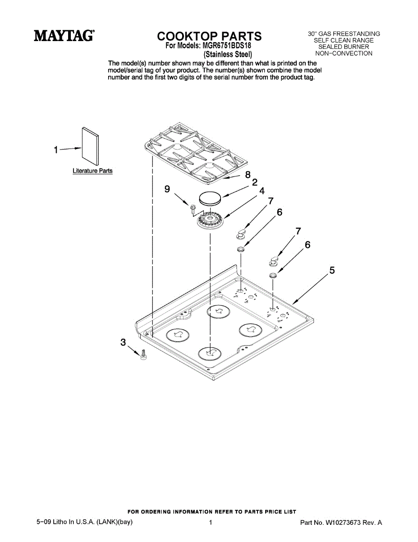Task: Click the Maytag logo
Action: (x=64, y=36)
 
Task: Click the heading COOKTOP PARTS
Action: (x=209, y=36)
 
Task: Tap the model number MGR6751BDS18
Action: (x=227, y=46)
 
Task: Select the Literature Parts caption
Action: (x=92, y=171)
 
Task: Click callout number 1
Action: (x=56, y=150)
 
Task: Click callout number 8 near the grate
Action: (x=248, y=175)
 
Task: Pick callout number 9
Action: (x=167, y=189)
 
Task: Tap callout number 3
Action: (x=123, y=342)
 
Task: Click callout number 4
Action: (x=262, y=191)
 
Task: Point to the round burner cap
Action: (x=211, y=198)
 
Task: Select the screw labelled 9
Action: (x=193, y=209)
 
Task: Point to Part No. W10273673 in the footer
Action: (x=341, y=523)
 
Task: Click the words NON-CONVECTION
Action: (x=344, y=53)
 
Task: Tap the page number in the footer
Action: (x=211, y=523)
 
